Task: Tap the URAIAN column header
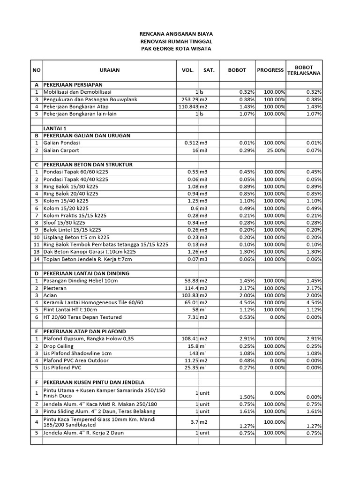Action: (109, 70)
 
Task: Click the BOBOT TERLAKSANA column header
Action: (304, 70)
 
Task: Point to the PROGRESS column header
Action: (270, 70)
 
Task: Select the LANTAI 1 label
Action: (55, 128)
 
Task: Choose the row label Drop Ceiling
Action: (59, 346)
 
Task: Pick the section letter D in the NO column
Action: (37, 273)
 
